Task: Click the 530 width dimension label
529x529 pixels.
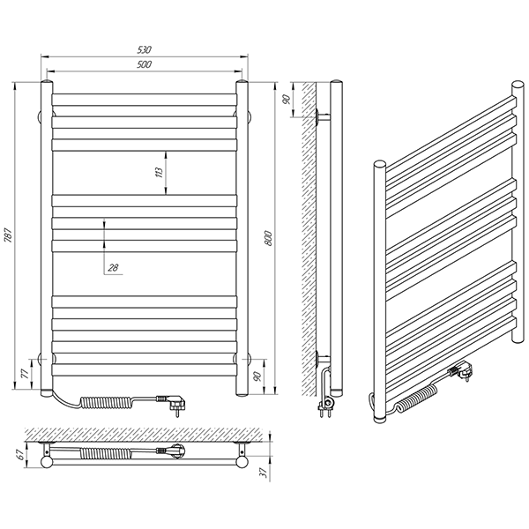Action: tap(144, 49)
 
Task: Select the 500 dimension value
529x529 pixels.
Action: tap(144, 64)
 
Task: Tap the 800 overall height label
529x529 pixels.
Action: tap(268, 238)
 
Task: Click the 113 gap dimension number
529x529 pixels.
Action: tap(160, 173)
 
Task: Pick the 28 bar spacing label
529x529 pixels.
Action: tap(113, 268)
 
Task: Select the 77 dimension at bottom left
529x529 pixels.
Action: tap(26, 375)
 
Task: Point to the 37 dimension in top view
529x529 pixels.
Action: tap(264, 473)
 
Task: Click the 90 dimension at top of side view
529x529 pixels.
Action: tap(287, 100)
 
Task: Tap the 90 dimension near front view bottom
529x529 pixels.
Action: tap(257, 376)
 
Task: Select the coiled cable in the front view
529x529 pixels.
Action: tap(108, 402)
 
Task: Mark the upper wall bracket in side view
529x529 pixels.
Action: tap(322, 117)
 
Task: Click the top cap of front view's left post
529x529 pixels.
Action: tap(47, 82)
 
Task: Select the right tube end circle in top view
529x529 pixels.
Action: tap(242, 462)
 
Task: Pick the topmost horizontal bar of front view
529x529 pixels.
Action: tap(145, 100)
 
